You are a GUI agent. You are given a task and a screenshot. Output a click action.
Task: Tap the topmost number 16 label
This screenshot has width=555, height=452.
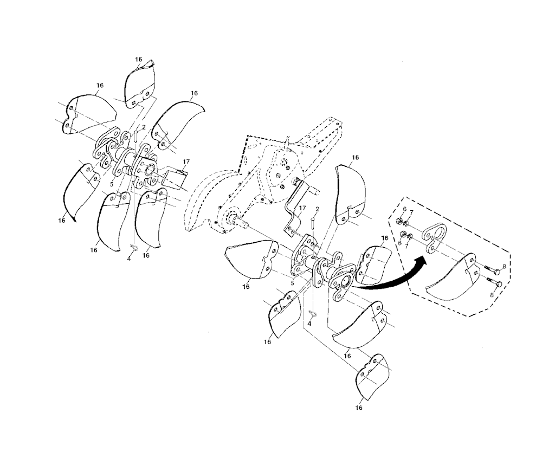pyautogui.click(x=139, y=60)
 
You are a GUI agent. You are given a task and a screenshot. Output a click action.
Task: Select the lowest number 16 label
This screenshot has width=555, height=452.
pyautogui.click(x=359, y=408)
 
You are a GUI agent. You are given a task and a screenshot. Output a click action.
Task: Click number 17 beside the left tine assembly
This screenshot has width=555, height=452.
pyautogui.click(x=186, y=162)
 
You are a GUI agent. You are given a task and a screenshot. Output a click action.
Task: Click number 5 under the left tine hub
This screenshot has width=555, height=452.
pyautogui.click(x=111, y=184)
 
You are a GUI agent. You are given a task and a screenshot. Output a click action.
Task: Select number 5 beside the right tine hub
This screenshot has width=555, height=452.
pyautogui.click(x=292, y=283)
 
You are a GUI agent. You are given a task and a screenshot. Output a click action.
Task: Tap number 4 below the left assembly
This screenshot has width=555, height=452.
pyautogui.click(x=129, y=259)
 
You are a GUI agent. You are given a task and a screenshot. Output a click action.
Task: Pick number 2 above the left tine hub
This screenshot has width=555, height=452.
pyautogui.click(x=144, y=127)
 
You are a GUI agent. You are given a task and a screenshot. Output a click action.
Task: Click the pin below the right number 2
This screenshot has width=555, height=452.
pyautogui.click(x=313, y=224)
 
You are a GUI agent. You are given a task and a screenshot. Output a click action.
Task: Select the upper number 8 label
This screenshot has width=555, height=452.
pyautogui.click(x=505, y=266)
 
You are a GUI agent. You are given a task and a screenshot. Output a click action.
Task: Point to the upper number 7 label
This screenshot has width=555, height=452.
pyautogui.click(x=412, y=212)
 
